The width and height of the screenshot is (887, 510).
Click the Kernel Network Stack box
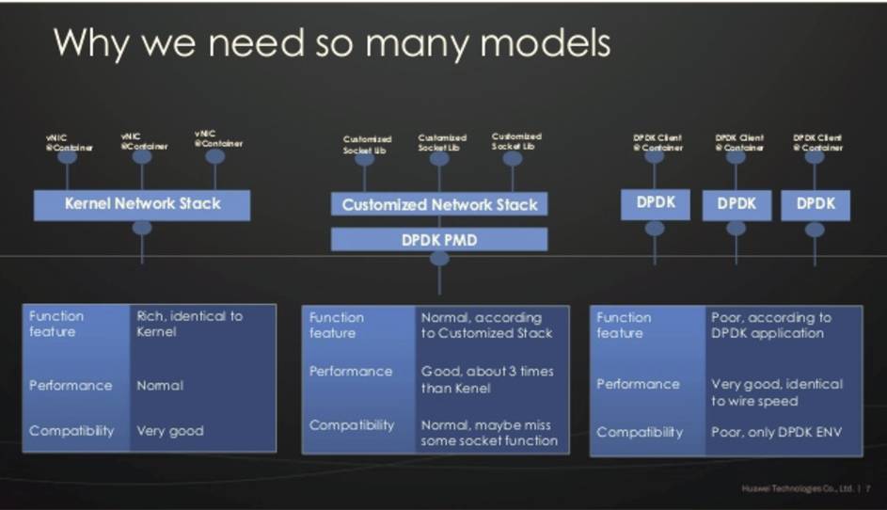pos(142,204)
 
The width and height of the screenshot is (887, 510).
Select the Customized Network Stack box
pos(439,204)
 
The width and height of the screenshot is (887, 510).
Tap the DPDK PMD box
pos(439,240)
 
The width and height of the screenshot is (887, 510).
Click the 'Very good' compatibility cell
pos(170,431)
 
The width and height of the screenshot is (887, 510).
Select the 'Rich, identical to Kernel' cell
pos(189,324)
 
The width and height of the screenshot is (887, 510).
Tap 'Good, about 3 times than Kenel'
pos(487,378)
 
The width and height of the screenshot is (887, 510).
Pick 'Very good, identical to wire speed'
pos(777,392)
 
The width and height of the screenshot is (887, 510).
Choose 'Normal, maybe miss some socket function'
pos(489,433)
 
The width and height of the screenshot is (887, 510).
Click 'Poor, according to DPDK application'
pos(771,325)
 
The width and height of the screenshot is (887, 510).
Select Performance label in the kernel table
pos(71,386)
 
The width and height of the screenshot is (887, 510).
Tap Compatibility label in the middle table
pos(352,425)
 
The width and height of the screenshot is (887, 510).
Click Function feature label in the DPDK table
pos(624,325)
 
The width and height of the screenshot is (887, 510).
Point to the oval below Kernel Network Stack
pos(142,228)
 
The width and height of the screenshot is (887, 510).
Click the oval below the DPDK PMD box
pos(439,259)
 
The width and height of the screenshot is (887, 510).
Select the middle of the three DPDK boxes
pos(737,204)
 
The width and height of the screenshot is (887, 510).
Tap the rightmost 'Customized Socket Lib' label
pos(516,141)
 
